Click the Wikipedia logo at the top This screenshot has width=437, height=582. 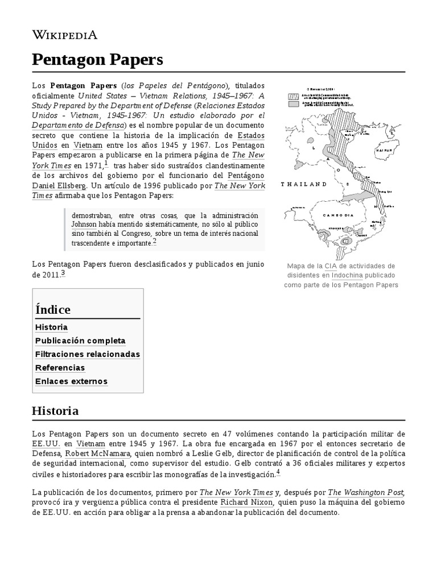click(x=64, y=35)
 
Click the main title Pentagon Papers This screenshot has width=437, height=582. click(x=97, y=59)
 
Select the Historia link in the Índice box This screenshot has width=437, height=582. click(x=51, y=327)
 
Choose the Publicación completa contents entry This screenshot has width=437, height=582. click(x=80, y=341)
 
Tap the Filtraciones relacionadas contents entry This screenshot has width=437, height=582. click(x=87, y=354)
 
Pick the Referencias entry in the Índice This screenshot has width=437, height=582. click(x=60, y=368)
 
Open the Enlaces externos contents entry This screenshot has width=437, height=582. click(x=71, y=381)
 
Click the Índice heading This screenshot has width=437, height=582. click(x=53, y=310)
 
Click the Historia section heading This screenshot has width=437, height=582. click(x=55, y=410)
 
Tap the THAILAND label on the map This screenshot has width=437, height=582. click(x=304, y=185)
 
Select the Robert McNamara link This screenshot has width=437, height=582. click(x=98, y=454)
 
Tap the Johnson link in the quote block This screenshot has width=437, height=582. click(x=84, y=224)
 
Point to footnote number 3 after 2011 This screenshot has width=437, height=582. click(x=63, y=273)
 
